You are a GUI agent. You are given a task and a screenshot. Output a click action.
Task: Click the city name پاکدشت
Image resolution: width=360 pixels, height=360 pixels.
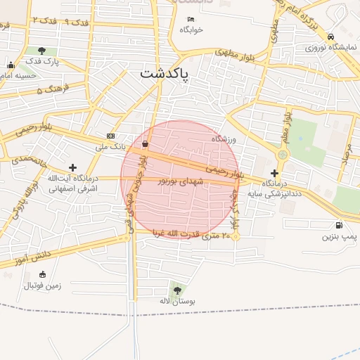point(165,74)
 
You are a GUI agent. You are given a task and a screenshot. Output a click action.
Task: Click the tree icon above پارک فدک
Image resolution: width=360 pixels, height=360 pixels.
point(42,51)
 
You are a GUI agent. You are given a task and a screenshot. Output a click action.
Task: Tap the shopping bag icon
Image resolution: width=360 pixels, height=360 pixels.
point(145,143)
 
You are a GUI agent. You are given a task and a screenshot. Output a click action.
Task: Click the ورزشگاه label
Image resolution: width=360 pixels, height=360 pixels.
point(223,139)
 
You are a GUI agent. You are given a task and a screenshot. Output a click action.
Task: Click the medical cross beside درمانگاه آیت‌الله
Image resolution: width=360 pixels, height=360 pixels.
point(72,167)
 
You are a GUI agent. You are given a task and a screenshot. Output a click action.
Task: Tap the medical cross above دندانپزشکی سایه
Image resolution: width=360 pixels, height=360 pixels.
point(274,172)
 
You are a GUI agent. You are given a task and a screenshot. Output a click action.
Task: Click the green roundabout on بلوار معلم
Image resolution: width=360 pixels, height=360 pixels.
point(283,154)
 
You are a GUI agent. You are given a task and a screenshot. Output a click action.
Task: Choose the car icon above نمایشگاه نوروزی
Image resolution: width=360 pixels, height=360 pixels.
point(331,37)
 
